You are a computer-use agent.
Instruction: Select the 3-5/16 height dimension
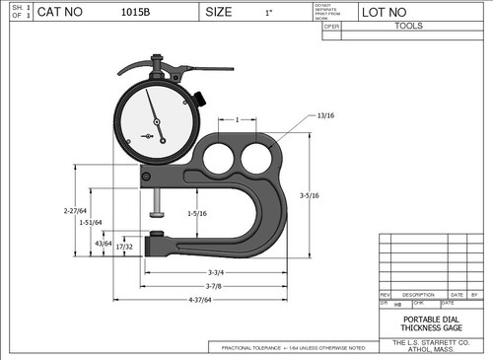coord(309,197)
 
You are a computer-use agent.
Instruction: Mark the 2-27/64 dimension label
coord(75,210)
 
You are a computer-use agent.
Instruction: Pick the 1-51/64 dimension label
coord(91,223)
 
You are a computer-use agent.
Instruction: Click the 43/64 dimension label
coord(104,242)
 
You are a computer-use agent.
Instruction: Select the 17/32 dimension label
coord(124,247)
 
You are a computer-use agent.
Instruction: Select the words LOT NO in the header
coord(385,14)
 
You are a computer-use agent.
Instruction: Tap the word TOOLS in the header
coord(409,27)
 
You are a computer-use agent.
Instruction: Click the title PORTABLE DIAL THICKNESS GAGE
coord(430,324)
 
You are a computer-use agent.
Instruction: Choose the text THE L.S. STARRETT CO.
coord(430,341)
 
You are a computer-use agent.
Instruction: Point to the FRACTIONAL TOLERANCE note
coord(294,348)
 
